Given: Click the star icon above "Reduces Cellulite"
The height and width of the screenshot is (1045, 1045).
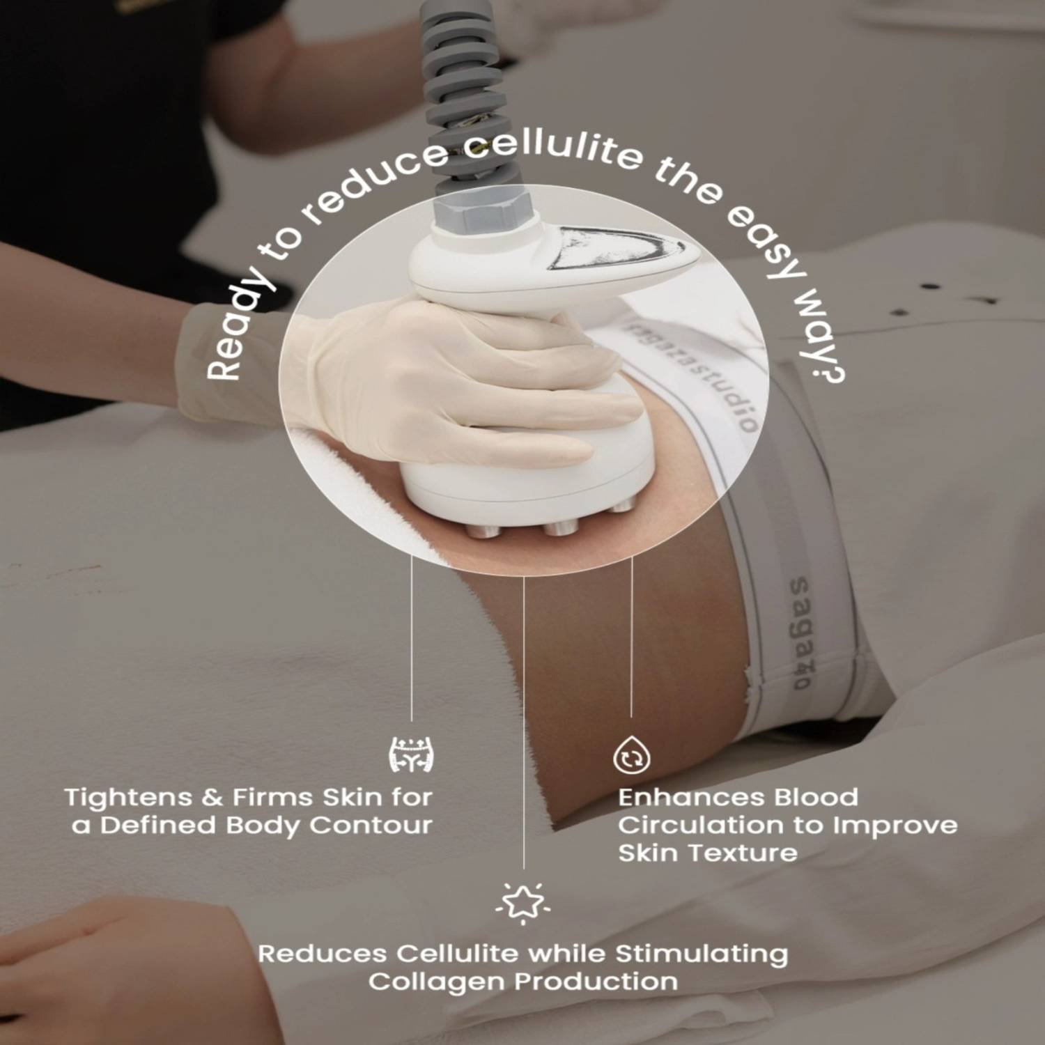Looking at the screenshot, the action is click(523, 903).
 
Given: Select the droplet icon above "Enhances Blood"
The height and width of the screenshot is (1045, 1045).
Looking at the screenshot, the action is click(631, 755).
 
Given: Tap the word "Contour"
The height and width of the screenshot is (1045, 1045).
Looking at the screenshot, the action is click(371, 826).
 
